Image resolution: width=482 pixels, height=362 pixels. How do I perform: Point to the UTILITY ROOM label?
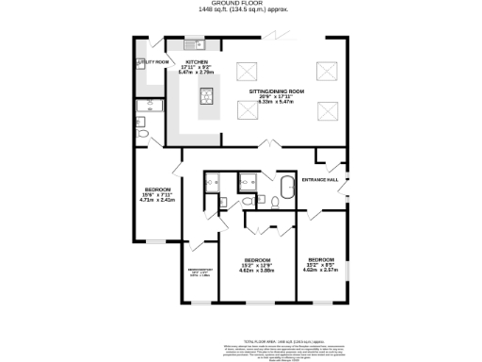pyautogui.click(x=152, y=62)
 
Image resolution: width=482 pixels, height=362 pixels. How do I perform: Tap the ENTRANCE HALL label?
pyautogui.click(x=318, y=179)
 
